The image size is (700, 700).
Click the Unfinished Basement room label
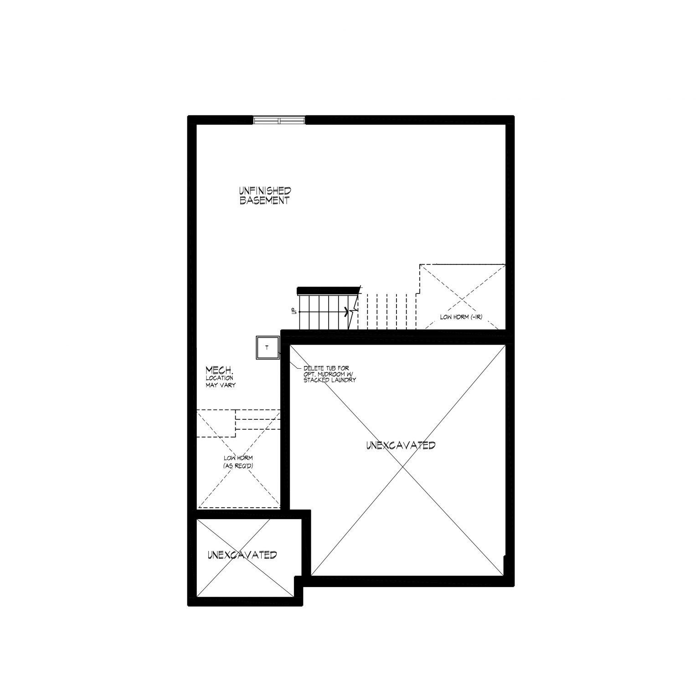(x=265, y=196)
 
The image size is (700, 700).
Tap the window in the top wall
(x=279, y=120)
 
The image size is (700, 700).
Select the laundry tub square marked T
(x=267, y=348)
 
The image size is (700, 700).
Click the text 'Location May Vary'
(x=220, y=381)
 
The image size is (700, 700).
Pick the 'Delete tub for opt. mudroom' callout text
(x=329, y=374)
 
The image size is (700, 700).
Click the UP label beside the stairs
(x=294, y=311)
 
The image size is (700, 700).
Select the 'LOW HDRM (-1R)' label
(x=462, y=317)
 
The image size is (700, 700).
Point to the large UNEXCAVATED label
(x=401, y=445)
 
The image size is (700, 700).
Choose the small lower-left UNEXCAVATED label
(x=242, y=555)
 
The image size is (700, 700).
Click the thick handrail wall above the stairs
(x=328, y=290)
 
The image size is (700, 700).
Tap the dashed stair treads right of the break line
(x=387, y=311)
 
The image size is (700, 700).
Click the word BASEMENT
(x=265, y=201)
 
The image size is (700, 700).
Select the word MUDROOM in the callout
(x=330, y=374)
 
